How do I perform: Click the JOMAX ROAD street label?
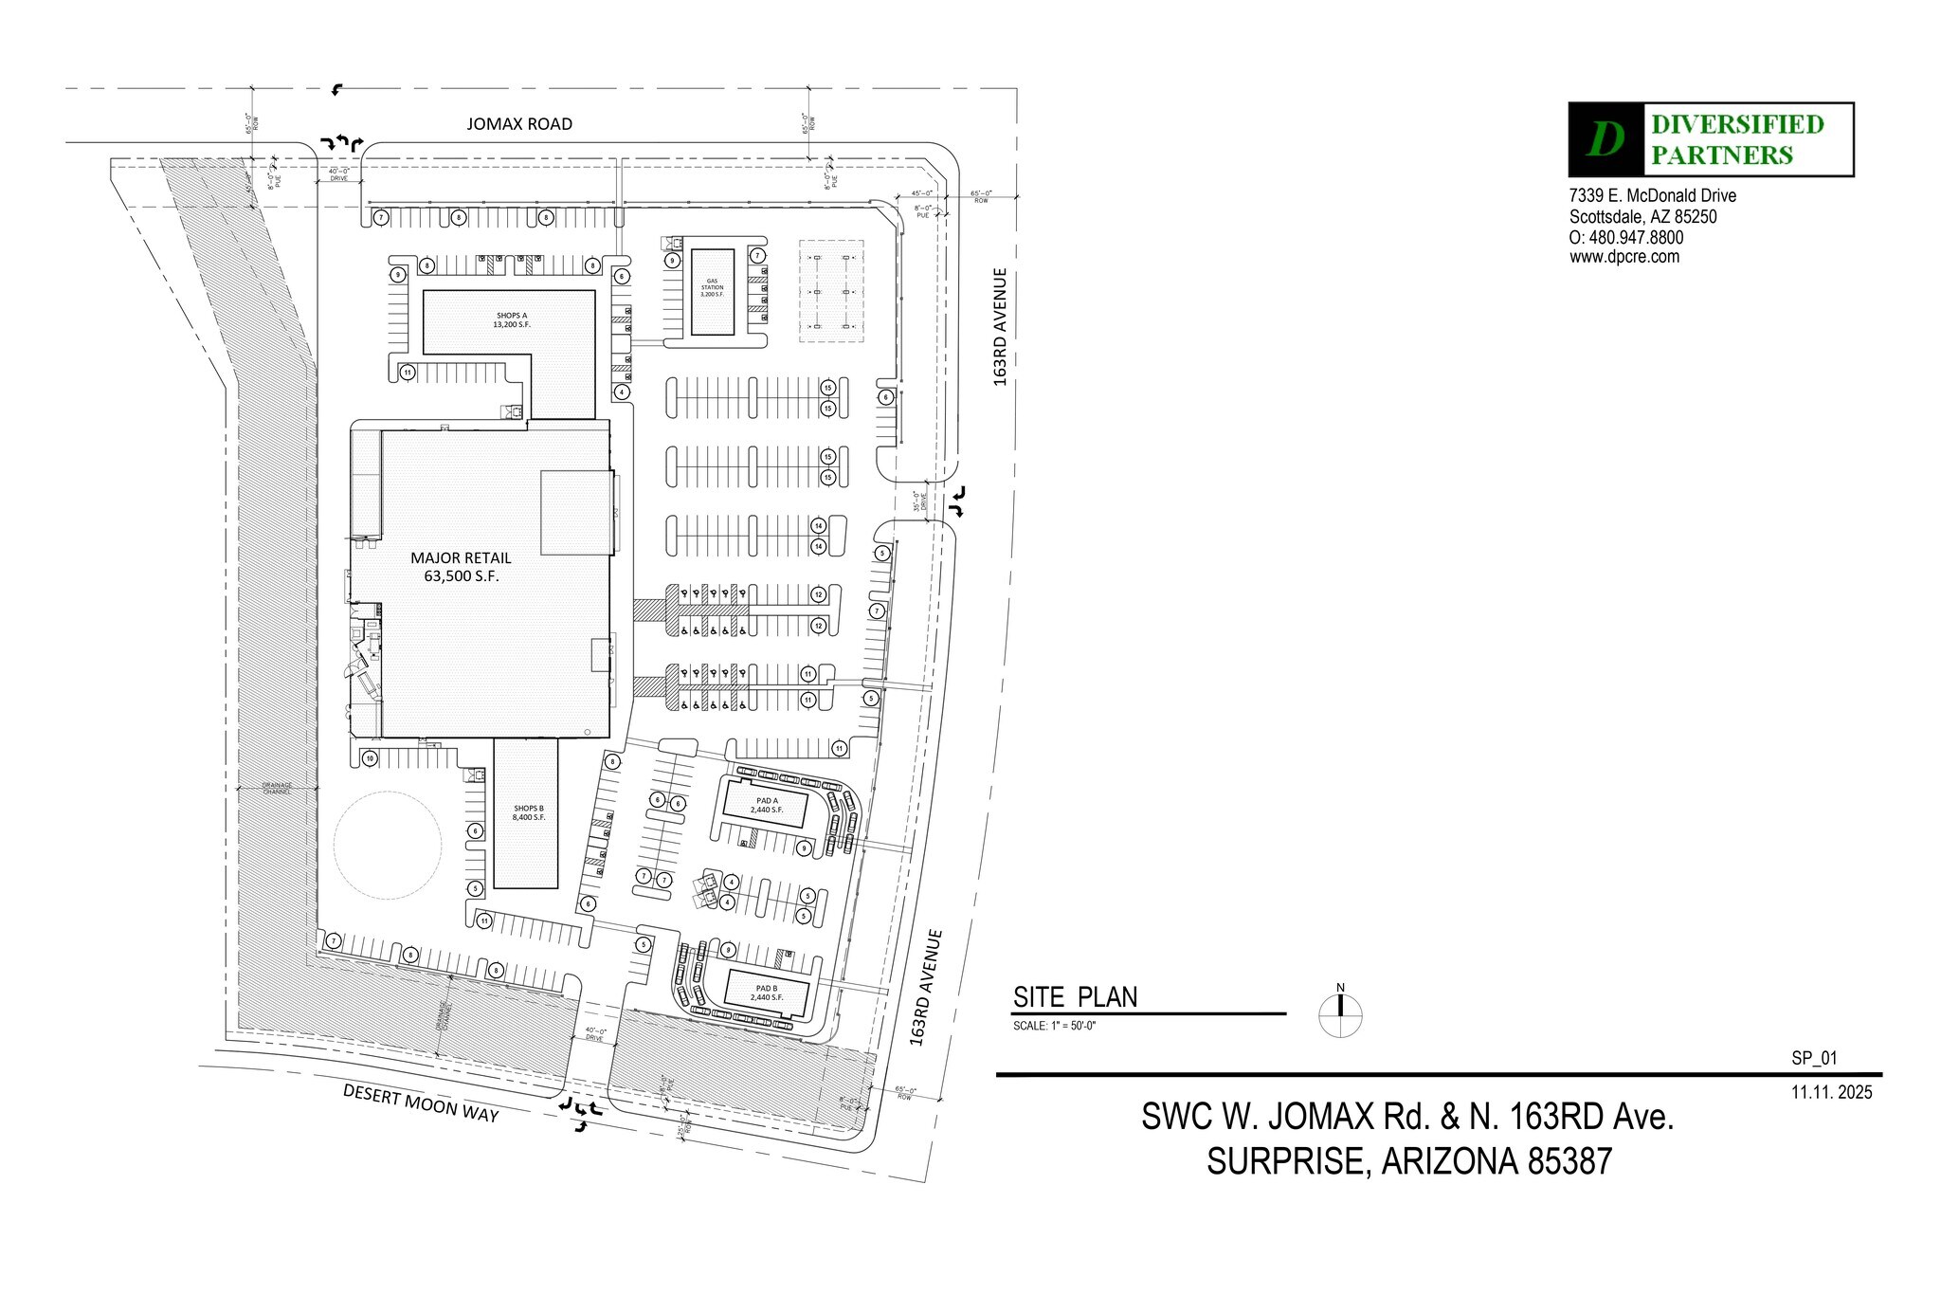519,124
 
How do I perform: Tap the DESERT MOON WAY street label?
421,1103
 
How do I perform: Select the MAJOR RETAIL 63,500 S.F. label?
461,567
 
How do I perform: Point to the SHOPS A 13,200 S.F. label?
512,319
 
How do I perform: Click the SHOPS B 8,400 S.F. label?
528,812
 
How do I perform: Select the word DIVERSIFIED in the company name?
1737,125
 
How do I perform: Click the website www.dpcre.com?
1624,257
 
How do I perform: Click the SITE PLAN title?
1075,997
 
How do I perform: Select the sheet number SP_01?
1814,1060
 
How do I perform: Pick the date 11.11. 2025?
1831,1092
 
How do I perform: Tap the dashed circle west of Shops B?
387,845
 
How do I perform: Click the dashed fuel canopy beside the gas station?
831,291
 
